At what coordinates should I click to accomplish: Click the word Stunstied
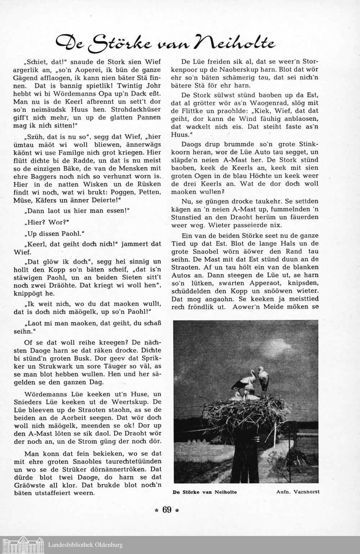[197, 217]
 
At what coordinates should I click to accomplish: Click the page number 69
[167, 510]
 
